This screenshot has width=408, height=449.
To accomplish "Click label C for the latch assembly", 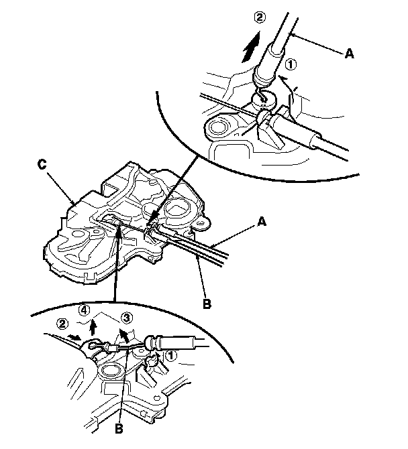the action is (x=42, y=165).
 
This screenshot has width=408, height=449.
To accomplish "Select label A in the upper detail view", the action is (x=349, y=54).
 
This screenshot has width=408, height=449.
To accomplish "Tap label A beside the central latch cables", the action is (x=262, y=222).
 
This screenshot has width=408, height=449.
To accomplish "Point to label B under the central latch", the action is (x=207, y=304).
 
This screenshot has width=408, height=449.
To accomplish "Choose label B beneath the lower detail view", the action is (x=119, y=429).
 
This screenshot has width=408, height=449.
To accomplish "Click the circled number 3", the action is (x=127, y=318).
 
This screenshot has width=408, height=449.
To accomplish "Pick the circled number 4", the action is (x=85, y=310).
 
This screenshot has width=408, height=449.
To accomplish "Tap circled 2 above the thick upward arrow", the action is (x=260, y=17).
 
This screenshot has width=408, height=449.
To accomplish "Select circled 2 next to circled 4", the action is (x=62, y=324).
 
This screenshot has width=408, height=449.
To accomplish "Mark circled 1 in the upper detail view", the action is (x=291, y=64).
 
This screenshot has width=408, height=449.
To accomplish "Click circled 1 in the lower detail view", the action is (x=171, y=356).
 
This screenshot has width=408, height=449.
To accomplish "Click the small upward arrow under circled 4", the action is (x=93, y=328).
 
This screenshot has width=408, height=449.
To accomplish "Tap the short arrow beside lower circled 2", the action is (x=74, y=337).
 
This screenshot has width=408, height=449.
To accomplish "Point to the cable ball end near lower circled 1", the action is (x=150, y=342).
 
